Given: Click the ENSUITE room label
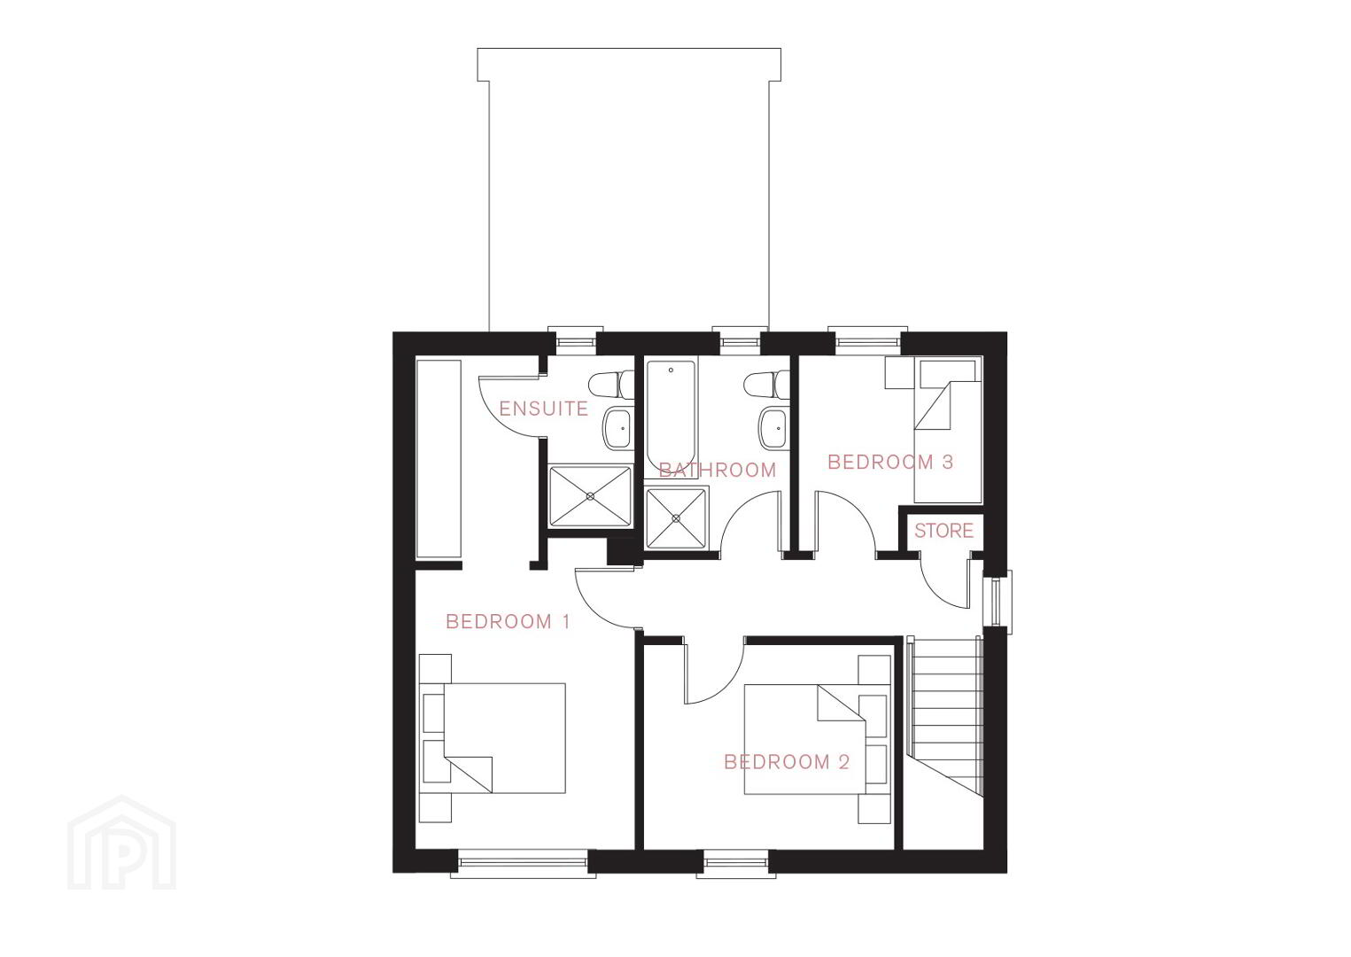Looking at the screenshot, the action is click(x=543, y=409).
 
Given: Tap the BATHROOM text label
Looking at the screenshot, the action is click(x=717, y=470).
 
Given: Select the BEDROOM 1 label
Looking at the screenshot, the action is click(x=508, y=621).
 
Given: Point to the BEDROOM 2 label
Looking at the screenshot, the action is click(x=787, y=762).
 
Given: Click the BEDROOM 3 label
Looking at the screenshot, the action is click(x=890, y=463).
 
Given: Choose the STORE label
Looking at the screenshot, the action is click(x=943, y=531).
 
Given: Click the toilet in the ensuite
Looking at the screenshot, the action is click(x=611, y=385).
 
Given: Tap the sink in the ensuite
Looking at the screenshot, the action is click(x=617, y=428).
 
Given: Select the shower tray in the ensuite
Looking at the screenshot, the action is click(x=591, y=496).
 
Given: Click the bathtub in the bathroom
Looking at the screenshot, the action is click(x=672, y=417).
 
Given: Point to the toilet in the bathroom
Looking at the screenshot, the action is click(x=766, y=385).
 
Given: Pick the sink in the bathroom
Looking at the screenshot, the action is click(x=773, y=428).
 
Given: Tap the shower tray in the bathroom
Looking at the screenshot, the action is click(x=676, y=518).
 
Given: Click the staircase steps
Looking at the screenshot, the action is click(x=945, y=717).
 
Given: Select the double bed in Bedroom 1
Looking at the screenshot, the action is click(x=493, y=738).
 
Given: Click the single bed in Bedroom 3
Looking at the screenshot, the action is click(x=948, y=431).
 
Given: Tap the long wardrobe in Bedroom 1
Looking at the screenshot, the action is click(x=439, y=459).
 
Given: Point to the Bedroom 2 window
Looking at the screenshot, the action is click(x=736, y=863).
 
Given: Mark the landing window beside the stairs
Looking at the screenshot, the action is click(x=998, y=603).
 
